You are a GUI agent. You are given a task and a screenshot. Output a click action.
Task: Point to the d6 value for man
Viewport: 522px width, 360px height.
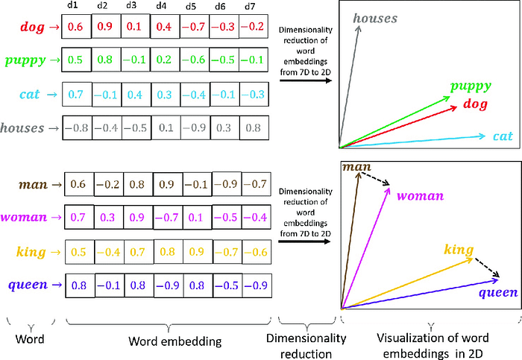227,184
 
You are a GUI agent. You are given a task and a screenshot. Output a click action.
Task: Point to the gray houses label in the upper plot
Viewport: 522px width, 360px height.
375,17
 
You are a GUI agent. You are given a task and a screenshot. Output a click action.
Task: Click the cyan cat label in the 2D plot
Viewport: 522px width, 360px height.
502,136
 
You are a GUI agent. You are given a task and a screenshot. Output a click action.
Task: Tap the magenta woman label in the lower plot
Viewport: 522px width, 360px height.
420,196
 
